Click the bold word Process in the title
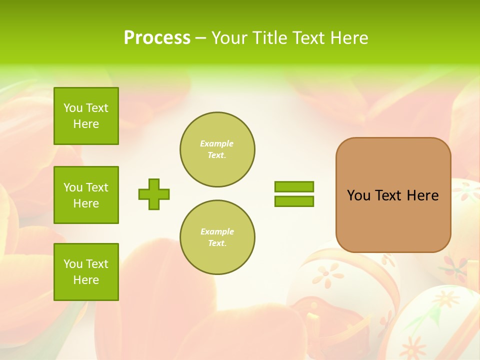[157, 38]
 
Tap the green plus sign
[154, 194]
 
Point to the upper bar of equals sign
[294, 186]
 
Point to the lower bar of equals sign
[294, 201]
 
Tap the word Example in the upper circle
[217, 143]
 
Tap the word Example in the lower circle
[217, 231]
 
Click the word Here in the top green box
[86, 124]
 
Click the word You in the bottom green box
[73, 264]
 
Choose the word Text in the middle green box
[97, 187]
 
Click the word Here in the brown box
[422, 195]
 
